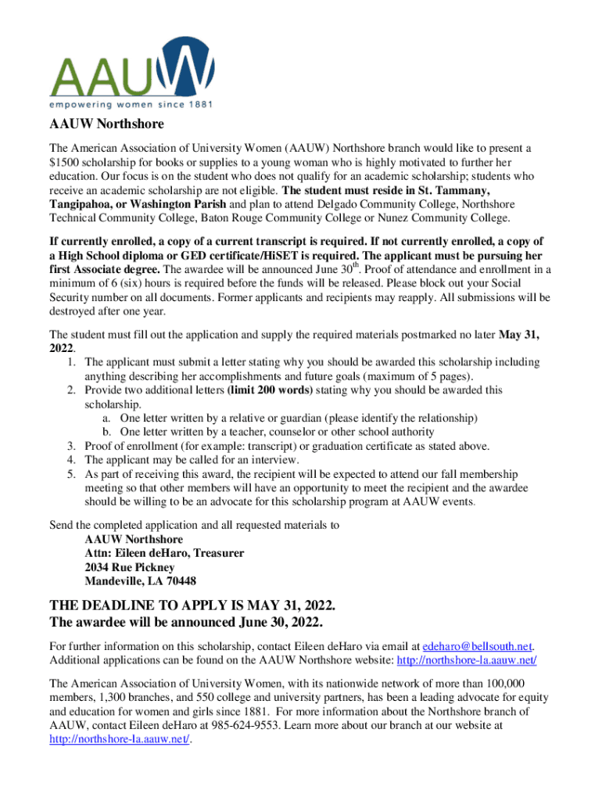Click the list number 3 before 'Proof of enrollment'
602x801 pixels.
point(72,446)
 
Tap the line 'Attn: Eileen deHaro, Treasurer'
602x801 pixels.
point(164,553)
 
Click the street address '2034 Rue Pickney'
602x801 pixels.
point(130,567)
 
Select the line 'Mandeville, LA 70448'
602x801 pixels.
point(141,581)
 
